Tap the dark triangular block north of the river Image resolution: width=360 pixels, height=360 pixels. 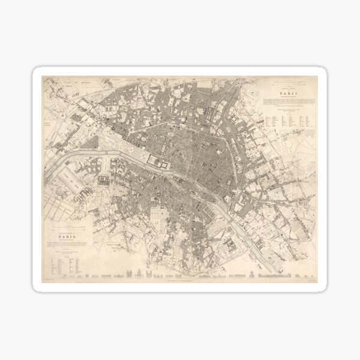(x=91, y=143)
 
